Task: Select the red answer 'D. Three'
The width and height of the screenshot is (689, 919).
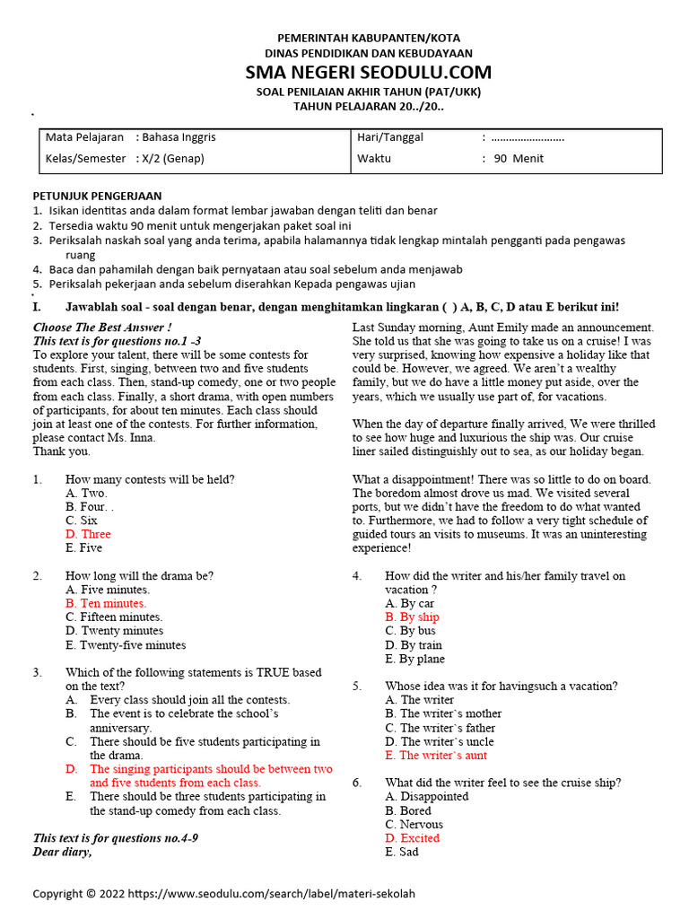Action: [88, 534]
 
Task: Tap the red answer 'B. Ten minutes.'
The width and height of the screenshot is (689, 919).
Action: [106, 603]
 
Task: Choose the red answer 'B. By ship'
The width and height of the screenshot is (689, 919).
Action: [412, 617]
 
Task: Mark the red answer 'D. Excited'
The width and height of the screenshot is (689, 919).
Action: [413, 838]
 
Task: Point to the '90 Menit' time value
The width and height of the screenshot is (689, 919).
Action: [519, 159]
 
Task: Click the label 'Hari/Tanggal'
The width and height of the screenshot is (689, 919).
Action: [390, 137]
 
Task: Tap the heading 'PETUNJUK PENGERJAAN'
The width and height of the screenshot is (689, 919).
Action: [97, 196]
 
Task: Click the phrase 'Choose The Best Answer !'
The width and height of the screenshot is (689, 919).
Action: [101, 328]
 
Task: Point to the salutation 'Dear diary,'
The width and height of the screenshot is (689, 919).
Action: [62, 852]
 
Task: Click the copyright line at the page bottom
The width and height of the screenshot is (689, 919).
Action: [224, 894]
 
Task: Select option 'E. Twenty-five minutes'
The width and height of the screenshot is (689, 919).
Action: [126, 645]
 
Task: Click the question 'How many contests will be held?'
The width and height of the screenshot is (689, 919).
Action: [150, 479]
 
